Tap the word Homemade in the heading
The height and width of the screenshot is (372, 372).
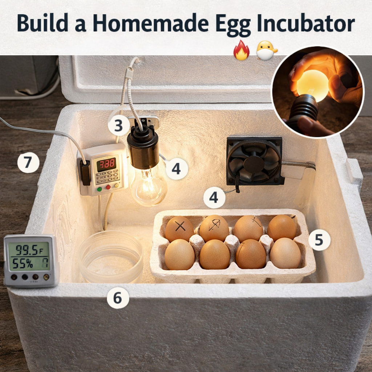tap(150, 23)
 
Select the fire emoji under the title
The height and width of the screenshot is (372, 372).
tap(241, 50)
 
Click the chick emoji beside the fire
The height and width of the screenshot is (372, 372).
tap(266, 50)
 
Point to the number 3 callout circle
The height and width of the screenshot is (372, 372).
tap(119, 125)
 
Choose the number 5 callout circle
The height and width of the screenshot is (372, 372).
tap(319, 240)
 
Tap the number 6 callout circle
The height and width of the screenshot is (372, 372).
tap(118, 298)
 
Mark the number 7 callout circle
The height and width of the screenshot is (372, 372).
tap(28, 162)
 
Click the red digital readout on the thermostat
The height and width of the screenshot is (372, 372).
tap(106, 164)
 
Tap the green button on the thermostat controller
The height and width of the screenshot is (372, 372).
tap(100, 189)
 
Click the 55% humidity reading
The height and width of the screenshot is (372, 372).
tap(23, 263)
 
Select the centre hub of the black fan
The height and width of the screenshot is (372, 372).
tap(254, 163)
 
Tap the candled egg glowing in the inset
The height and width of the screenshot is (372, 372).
tap(312, 86)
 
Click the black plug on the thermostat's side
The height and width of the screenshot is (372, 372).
tap(85, 173)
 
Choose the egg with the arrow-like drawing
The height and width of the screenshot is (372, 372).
tap(214, 228)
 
